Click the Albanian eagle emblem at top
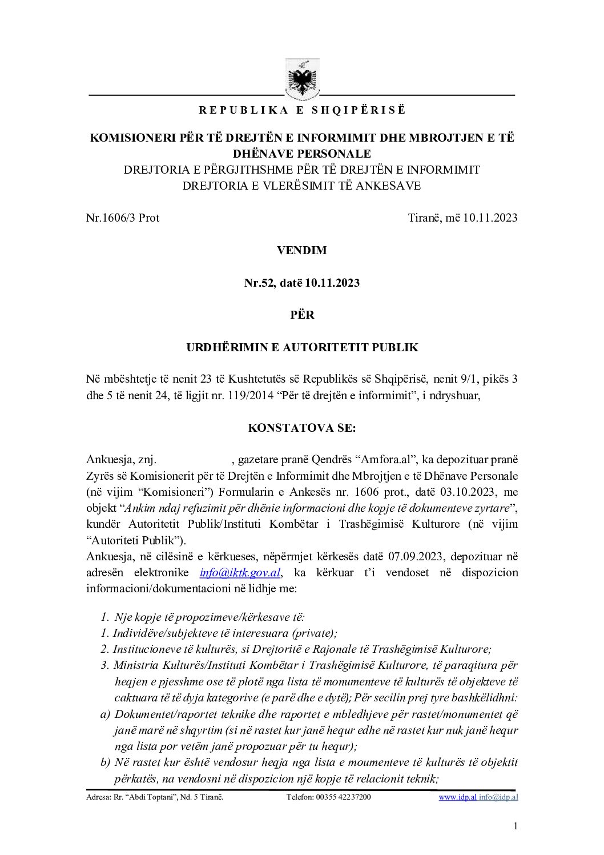coord(303,79)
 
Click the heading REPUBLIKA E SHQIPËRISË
coord(302,110)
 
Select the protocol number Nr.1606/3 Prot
coord(123,218)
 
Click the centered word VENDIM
coord(302,250)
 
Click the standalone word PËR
coord(302,315)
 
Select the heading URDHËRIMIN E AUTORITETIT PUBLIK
coord(302,347)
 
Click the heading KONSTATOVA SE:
coord(302,428)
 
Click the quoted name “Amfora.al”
coord(386,460)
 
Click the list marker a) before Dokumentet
coord(105,714)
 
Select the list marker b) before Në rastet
coord(105,762)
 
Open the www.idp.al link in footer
coord(457,797)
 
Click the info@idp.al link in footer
coord(498,797)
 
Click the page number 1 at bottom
coord(516,826)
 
